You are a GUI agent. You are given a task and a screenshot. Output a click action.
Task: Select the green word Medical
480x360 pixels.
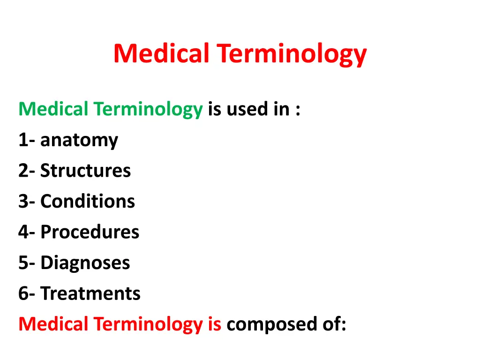tap(53, 109)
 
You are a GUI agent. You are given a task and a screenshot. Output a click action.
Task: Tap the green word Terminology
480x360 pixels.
tap(148, 110)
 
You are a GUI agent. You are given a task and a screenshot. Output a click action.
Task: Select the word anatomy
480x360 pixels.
tap(79, 141)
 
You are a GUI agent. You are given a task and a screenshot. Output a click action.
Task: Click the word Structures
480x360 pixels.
tap(85, 171)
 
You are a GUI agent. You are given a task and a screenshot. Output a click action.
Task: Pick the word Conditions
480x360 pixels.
tap(88, 202)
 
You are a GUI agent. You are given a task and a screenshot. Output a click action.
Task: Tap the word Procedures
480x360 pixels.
tap(90, 232)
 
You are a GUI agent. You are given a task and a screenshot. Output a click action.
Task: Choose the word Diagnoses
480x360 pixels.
tap(85, 263)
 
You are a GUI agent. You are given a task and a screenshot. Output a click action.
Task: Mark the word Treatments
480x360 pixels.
tap(90, 293)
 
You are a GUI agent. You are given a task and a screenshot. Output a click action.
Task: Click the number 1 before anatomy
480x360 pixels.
tap(22, 140)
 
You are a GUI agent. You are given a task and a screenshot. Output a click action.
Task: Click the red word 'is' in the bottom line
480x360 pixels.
tap(214, 324)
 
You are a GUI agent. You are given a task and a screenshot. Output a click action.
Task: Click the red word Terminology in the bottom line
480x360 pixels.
tap(148, 325)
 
